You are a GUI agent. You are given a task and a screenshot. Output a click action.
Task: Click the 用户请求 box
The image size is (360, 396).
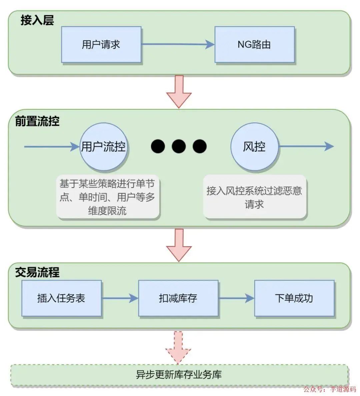(101, 45)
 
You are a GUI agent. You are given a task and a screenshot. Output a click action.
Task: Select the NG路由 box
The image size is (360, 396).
(254, 45)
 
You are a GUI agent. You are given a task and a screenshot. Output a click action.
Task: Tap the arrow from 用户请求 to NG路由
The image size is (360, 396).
(178, 44)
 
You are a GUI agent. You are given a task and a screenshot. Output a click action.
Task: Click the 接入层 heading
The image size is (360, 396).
(37, 20)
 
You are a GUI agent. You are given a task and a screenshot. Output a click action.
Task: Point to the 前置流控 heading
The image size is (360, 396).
(37, 121)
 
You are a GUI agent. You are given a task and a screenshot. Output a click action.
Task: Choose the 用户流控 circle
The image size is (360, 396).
(104, 146)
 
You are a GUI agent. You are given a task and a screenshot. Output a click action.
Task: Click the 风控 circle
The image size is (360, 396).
(254, 146)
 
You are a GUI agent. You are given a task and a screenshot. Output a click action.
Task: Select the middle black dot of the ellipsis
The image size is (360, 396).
(179, 146)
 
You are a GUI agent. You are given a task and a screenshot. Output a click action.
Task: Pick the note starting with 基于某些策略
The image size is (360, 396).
(107, 197)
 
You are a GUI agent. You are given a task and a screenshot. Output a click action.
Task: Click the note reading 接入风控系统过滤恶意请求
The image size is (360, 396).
(254, 197)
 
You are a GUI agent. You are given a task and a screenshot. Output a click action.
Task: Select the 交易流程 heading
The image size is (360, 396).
(37, 272)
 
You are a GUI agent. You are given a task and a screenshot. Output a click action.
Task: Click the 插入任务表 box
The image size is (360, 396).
(61, 298)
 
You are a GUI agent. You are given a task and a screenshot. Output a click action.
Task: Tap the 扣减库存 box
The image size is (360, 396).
(178, 298)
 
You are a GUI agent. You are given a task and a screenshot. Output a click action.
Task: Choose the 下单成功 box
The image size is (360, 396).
(294, 298)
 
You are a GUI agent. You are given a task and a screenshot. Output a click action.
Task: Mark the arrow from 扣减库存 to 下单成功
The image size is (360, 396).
(236, 298)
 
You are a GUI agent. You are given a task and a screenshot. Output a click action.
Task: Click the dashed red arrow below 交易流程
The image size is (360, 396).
(179, 347)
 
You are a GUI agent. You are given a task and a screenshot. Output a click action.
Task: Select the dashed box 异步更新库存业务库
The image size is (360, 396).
(179, 375)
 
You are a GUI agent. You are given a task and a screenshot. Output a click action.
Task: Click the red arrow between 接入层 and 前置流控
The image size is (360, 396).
(179, 91)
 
